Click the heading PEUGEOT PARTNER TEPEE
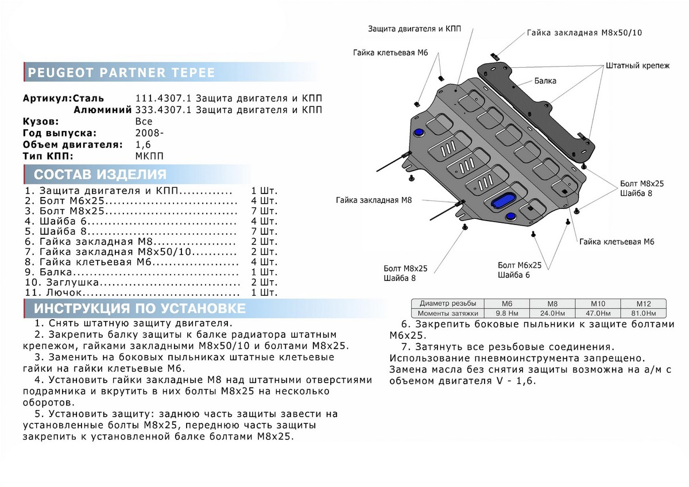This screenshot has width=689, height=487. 121,73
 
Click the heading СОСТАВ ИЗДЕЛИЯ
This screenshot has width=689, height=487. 100,175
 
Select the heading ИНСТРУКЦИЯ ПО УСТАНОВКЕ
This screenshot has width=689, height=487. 140,309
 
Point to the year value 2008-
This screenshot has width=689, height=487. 148,133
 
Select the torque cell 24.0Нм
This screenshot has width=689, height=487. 551,313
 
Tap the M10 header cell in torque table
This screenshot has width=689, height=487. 597,303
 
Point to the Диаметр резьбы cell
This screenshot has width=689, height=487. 448,303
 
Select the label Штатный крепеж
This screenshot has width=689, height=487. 637,66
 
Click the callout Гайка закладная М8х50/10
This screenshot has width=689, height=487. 584,33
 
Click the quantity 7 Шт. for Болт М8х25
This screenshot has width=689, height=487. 264,211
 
